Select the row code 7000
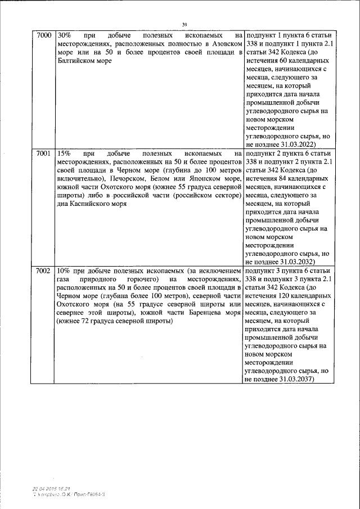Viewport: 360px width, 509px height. (x=43, y=35)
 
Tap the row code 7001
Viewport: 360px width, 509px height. (x=43, y=152)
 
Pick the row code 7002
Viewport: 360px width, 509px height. (x=43, y=271)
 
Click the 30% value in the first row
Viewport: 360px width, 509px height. (x=64, y=35)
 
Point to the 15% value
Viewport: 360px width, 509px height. (x=64, y=152)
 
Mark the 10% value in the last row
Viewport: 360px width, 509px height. (x=64, y=271)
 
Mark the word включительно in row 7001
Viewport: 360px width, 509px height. (x=80, y=179)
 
